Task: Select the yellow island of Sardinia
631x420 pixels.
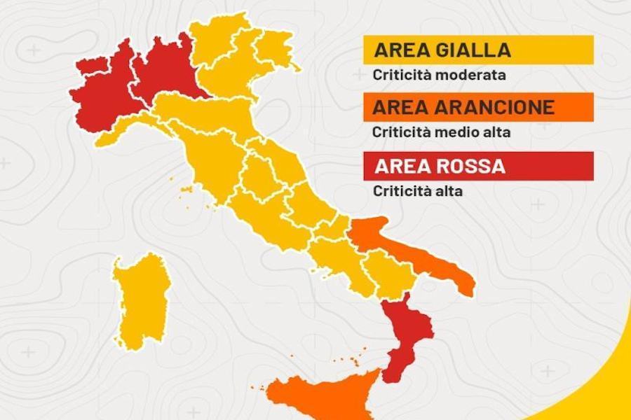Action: coord(140,301)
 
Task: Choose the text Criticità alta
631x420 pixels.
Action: coord(418,190)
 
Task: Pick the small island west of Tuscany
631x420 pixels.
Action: coord(186,189)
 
